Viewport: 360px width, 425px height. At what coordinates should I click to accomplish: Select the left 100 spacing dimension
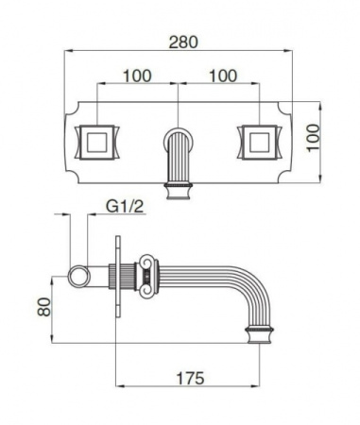point(138,74)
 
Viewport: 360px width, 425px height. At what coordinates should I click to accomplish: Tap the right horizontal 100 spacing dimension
point(223,74)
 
